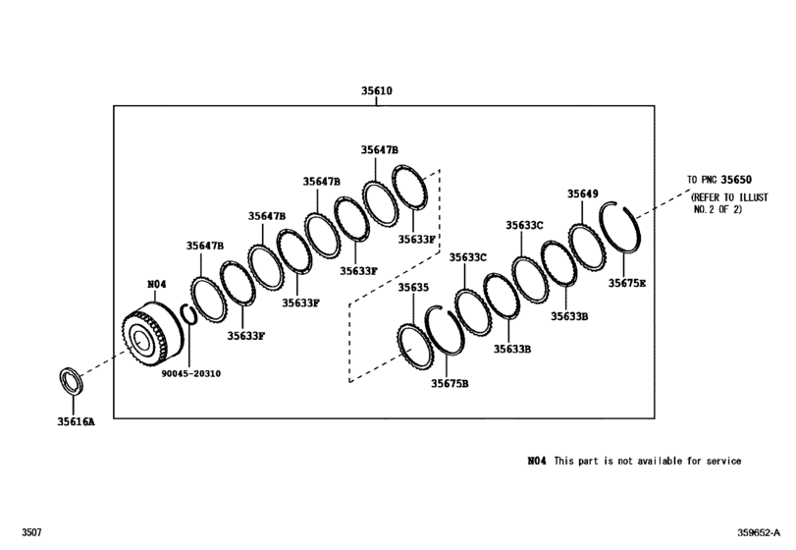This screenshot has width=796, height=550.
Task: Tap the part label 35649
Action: tap(582, 194)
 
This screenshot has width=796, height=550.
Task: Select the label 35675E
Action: tap(626, 283)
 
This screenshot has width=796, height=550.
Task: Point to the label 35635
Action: tap(413, 288)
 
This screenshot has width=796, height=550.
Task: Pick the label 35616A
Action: tap(74, 421)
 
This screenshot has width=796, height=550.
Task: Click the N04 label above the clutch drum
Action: tap(157, 284)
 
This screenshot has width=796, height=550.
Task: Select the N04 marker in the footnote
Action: tap(535, 461)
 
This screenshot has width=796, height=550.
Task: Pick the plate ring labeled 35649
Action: tap(589, 242)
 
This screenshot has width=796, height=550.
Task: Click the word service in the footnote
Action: tap(720, 461)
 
